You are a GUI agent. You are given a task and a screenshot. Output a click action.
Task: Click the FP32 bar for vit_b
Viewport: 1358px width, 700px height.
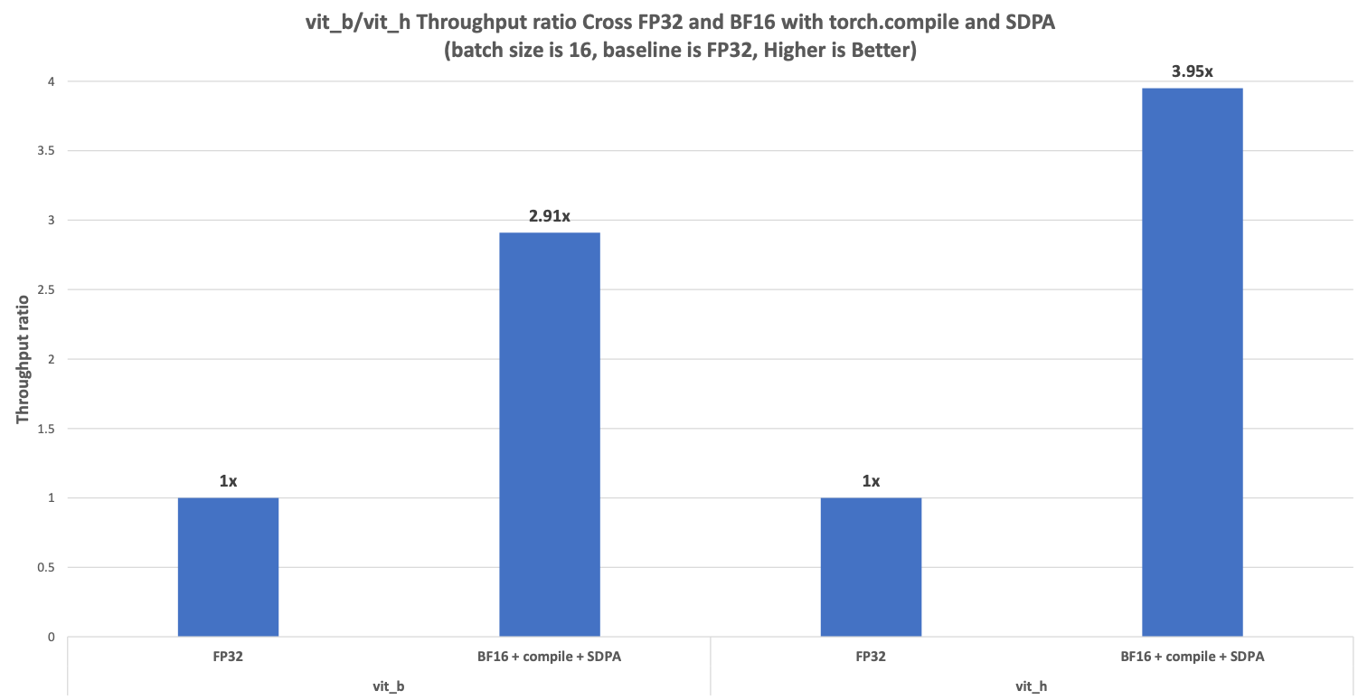[228, 567]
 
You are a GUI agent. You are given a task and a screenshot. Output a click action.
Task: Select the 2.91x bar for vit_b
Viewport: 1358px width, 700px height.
[550, 434]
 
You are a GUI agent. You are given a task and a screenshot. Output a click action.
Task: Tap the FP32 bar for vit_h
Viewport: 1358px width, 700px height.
[871, 567]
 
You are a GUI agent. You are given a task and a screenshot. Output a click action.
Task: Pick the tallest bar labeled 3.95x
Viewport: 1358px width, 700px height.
[1193, 362]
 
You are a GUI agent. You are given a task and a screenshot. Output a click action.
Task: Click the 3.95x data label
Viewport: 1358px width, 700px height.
[1193, 71]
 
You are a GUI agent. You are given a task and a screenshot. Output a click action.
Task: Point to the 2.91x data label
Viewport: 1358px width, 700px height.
[550, 216]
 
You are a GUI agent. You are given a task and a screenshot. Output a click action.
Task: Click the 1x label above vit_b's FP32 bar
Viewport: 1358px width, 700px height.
[228, 481]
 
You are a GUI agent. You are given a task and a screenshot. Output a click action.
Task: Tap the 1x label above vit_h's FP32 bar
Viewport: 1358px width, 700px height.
[871, 481]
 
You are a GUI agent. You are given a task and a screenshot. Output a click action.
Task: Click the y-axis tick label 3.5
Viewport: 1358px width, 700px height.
[46, 151]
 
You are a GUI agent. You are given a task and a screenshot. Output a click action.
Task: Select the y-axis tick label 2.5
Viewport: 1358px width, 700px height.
[46, 290]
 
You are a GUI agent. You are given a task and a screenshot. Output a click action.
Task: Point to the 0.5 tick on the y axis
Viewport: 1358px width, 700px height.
[46, 568]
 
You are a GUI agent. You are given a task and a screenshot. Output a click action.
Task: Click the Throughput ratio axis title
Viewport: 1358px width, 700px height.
[23, 359]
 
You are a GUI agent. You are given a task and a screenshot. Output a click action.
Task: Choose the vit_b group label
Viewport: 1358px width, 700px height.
[388, 686]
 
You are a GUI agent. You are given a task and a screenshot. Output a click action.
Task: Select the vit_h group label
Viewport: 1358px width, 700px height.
[1032, 686]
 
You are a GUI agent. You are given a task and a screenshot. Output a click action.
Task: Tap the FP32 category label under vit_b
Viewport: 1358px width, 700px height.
[228, 657]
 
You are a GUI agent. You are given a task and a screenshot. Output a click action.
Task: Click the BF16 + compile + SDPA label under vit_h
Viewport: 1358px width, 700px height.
[1193, 657]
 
